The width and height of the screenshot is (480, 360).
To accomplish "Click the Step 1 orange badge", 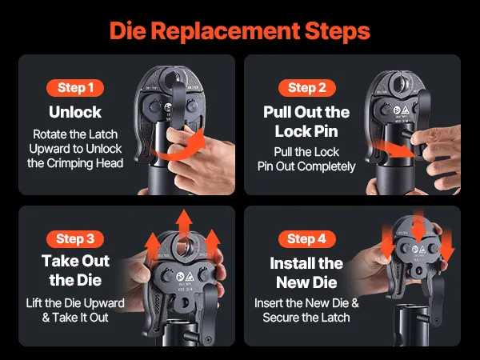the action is (75, 88).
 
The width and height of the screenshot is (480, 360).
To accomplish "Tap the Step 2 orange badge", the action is (307, 88).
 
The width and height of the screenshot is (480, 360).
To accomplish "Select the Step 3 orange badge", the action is (75, 238).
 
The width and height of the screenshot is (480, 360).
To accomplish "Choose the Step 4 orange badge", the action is (307, 238).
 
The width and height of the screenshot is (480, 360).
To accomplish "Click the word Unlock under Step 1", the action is (75, 112).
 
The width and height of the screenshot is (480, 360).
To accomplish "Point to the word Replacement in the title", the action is (226, 30).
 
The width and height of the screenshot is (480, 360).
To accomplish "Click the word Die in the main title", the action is (128, 30).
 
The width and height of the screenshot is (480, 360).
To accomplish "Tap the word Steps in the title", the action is (338, 30).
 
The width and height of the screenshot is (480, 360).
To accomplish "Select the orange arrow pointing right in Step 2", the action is (395, 150).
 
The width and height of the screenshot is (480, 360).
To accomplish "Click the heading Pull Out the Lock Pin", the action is (306, 122).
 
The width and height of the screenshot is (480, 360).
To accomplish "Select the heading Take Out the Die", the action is (76, 270).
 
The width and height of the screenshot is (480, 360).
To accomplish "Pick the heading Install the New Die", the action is (306, 273).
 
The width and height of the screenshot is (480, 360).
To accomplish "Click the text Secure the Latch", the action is (306, 318).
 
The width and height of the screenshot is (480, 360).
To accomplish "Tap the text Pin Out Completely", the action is (306, 166).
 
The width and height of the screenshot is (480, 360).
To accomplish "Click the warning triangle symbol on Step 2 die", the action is (406, 110).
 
